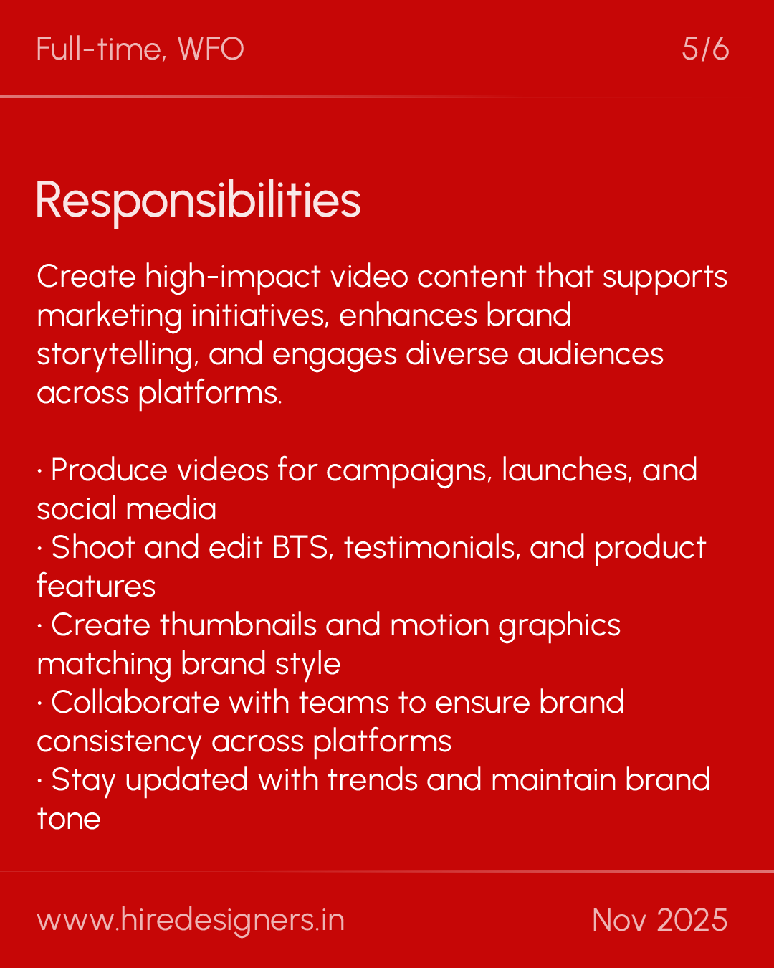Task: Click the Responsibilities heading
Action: pyautogui.click(x=198, y=200)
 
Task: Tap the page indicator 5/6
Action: pyautogui.click(x=705, y=49)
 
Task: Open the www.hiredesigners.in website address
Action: pyautogui.click(x=191, y=920)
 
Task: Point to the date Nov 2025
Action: pyautogui.click(x=659, y=920)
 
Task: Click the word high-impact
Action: pyautogui.click(x=233, y=277)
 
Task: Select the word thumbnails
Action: pyautogui.click(x=238, y=625)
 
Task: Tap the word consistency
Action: pyautogui.click(x=119, y=742)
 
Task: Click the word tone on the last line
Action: pyautogui.click(x=69, y=819)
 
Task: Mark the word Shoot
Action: pyautogui.click(x=93, y=548)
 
